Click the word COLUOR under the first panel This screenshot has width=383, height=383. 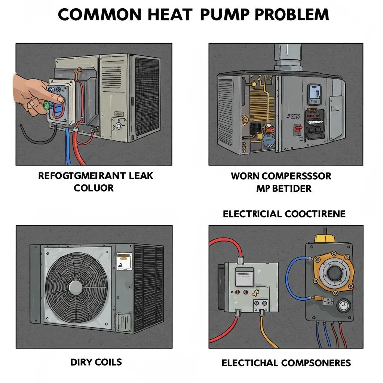click(x=94, y=188)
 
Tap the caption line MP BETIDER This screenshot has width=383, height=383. click(x=284, y=188)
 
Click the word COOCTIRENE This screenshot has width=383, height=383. click(x=315, y=214)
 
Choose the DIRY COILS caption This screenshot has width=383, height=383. click(x=96, y=362)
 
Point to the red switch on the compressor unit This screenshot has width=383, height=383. click(x=298, y=129)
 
